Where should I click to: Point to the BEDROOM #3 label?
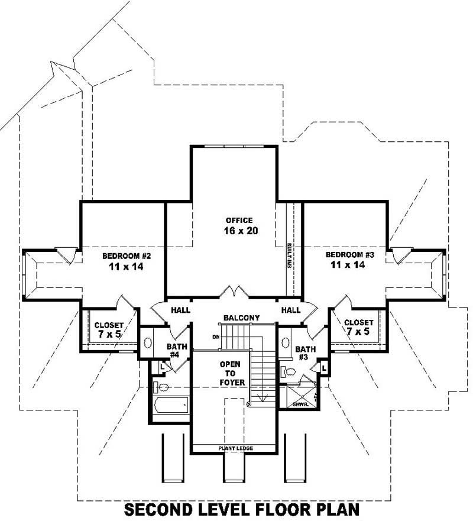(351, 255)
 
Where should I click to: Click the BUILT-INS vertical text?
(290, 255)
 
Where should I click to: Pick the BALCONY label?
(241, 318)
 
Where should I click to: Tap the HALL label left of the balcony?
(180, 310)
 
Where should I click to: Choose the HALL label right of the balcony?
(291, 310)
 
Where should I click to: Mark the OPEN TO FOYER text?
(230, 374)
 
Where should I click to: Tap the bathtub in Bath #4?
(170, 406)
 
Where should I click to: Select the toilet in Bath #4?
(162, 388)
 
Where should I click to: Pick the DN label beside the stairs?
(216, 337)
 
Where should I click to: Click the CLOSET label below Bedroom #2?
(109, 330)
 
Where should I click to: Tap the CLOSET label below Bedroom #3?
(359, 326)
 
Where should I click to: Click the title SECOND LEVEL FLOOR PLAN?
(241, 509)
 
